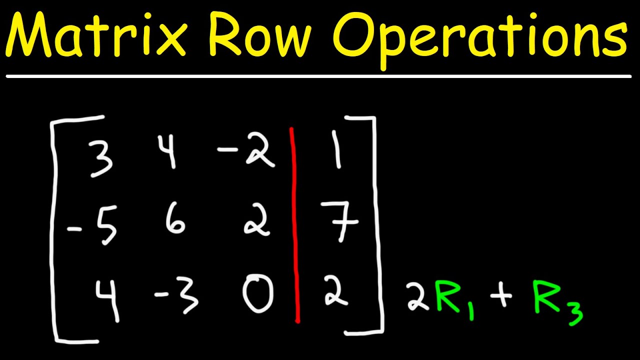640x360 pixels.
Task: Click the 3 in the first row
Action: coord(102,157)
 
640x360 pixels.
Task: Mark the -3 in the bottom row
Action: coord(177,298)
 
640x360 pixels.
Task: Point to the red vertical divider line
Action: coord(295,225)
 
